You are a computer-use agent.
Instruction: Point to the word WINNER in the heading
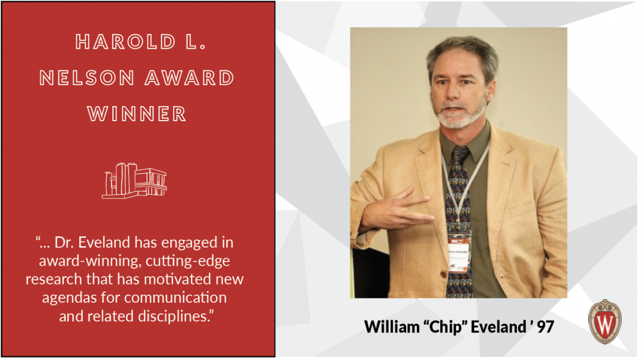coord(137,114)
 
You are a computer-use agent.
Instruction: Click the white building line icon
coord(134,180)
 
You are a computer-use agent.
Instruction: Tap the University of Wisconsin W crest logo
coord(604,321)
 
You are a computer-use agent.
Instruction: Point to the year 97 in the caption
coord(543,327)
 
